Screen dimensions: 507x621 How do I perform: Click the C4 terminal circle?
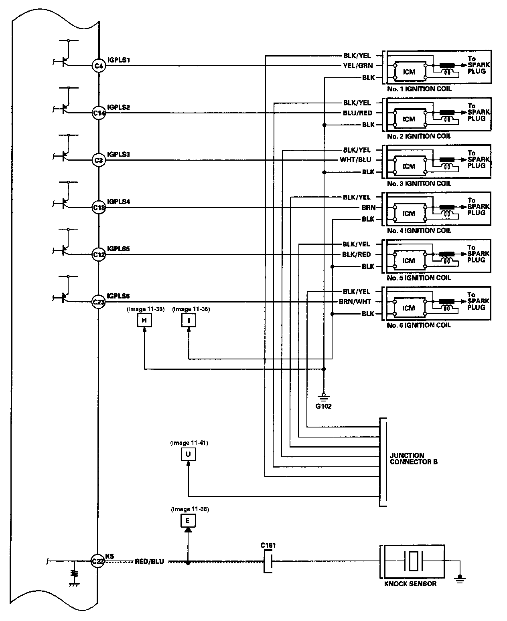pyautogui.click(x=99, y=66)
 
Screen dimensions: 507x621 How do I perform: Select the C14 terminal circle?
pyautogui.click(x=99, y=113)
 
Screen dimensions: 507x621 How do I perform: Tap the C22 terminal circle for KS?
pyautogui.click(x=97, y=561)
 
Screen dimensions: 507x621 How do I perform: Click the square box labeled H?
pyautogui.click(x=144, y=321)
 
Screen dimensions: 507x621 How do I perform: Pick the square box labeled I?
pyautogui.click(x=189, y=321)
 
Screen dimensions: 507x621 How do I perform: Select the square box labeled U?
pyautogui.click(x=189, y=454)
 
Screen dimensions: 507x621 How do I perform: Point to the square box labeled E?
pyautogui.click(x=188, y=520)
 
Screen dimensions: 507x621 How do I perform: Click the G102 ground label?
pyautogui.click(x=324, y=406)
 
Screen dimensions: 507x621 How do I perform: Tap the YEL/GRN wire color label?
pyautogui.click(x=358, y=66)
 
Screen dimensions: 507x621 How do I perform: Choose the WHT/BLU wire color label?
pyautogui.click(x=355, y=160)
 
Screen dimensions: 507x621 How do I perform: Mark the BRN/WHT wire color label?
pyautogui.click(x=355, y=302)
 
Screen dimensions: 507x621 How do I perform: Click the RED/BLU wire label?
pyautogui.click(x=150, y=562)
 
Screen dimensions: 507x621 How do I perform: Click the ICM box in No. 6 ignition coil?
pyautogui.click(x=410, y=307)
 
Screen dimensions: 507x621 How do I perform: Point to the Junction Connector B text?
pyautogui.click(x=414, y=458)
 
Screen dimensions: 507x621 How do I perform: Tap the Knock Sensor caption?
pyautogui.click(x=410, y=584)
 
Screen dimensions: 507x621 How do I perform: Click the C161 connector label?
pyautogui.click(x=268, y=545)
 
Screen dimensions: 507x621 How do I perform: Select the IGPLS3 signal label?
pyautogui.click(x=118, y=154)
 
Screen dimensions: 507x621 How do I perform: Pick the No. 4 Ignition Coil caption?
pyautogui.click(x=419, y=230)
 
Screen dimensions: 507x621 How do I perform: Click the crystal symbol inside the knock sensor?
pyautogui.click(x=414, y=561)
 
